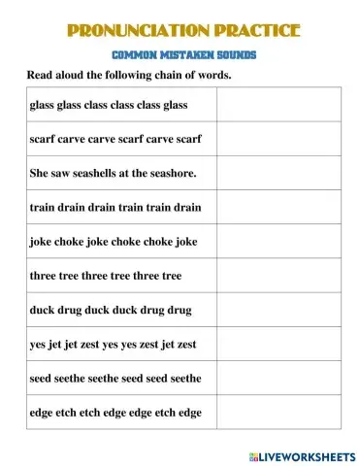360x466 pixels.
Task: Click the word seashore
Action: click(x=172, y=173)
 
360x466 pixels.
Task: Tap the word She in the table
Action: click(x=41, y=173)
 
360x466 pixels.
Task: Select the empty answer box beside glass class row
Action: click(x=278, y=104)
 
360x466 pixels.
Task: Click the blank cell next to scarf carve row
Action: click(x=278, y=139)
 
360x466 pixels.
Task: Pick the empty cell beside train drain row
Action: click(x=278, y=207)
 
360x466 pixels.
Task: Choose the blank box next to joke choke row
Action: click(x=278, y=241)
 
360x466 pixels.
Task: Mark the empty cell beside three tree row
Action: click(x=278, y=276)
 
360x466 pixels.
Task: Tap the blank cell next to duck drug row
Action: click(x=278, y=310)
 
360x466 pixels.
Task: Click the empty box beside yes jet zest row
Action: click(x=278, y=344)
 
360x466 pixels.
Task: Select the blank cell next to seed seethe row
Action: click(x=278, y=378)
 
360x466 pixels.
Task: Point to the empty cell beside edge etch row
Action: click(x=278, y=412)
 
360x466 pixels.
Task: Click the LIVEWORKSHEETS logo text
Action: click(x=308, y=454)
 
